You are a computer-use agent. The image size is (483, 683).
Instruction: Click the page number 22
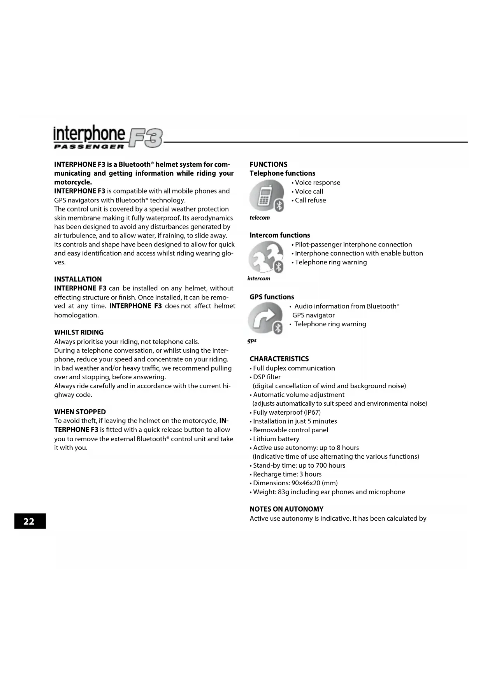coord(29,521)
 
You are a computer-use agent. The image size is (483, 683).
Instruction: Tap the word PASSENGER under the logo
coord(89,147)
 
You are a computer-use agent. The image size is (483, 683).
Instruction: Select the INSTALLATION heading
coord(78,279)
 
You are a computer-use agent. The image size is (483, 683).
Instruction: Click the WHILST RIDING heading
coord(79,333)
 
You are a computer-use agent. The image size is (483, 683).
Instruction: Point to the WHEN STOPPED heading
coord(80,412)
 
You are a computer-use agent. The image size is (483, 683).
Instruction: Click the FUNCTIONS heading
coord(269,164)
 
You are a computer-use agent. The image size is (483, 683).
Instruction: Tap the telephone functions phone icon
coord(267,196)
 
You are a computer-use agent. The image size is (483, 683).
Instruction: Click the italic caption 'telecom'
coord(260,218)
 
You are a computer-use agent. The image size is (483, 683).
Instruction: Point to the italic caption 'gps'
coord(252,341)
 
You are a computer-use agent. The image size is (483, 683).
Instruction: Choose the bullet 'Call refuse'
coord(310,201)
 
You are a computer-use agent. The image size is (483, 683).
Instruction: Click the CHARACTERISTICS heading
coord(279,359)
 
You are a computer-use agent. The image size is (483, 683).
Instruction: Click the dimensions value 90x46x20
coord(306,483)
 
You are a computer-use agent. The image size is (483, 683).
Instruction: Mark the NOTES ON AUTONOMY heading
coord(286,509)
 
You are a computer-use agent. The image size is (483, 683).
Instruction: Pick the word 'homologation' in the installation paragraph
coord(76,315)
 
